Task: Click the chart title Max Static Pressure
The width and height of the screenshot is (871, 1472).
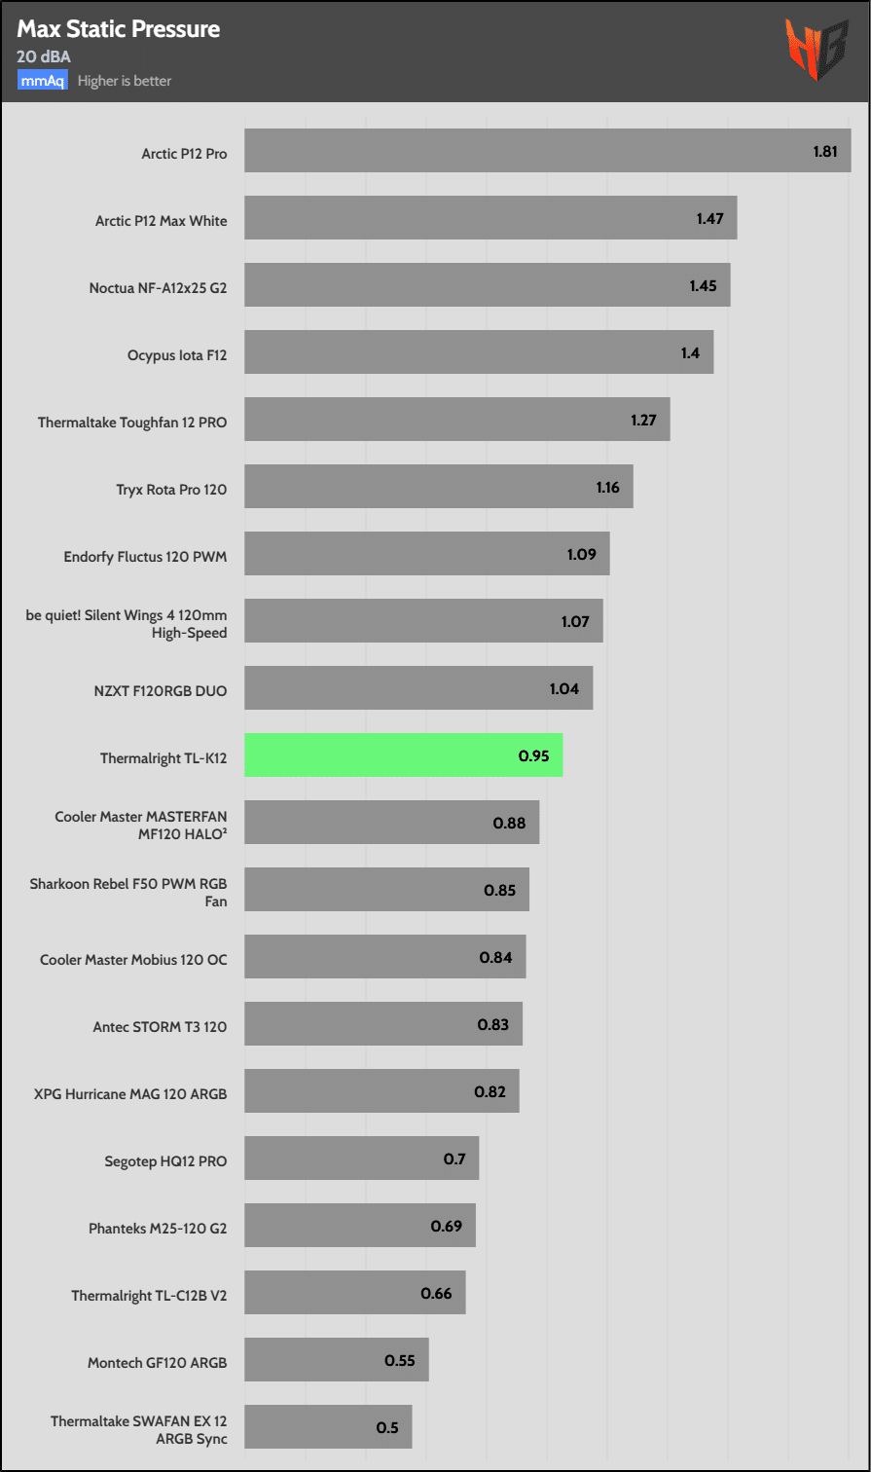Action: pyautogui.click(x=118, y=29)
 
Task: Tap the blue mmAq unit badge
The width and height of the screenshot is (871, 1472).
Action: pyautogui.click(x=42, y=81)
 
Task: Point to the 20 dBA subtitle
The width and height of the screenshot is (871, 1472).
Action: pyautogui.click(x=44, y=56)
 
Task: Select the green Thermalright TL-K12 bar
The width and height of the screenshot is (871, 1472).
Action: pyautogui.click(x=403, y=754)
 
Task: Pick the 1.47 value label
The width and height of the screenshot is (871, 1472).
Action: pyautogui.click(x=709, y=219)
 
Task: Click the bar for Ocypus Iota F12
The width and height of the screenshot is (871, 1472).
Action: pyautogui.click(x=478, y=351)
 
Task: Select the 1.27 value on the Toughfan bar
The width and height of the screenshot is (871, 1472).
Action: pyautogui.click(x=643, y=421)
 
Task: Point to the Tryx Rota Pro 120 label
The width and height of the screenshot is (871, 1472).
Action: pyautogui.click(x=171, y=489)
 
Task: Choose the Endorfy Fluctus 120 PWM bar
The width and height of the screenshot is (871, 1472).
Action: pyautogui.click(x=426, y=553)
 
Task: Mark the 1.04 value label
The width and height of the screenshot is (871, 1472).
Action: pyautogui.click(x=564, y=688)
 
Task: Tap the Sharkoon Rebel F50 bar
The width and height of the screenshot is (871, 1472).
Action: pyautogui.click(x=386, y=889)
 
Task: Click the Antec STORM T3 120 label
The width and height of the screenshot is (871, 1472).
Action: pyautogui.click(x=160, y=1026)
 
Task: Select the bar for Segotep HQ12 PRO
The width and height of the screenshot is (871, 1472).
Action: pyautogui.click(x=361, y=1158)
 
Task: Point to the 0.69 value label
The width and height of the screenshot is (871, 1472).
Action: pyautogui.click(x=447, y=1226)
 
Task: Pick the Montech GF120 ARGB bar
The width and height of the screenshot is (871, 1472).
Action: pyautogui.click(x=336, y=1359)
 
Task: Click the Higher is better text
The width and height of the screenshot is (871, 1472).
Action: pyautogui.click(x=125, y=81)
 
